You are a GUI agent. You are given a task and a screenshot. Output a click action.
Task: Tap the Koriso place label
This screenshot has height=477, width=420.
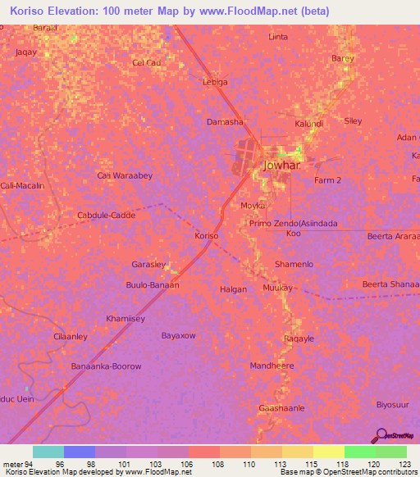coord(206,236)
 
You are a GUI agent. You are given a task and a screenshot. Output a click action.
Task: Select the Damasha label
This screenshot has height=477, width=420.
coord(224,122)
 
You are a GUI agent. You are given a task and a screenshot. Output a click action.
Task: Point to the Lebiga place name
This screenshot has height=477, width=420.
coord(215,82)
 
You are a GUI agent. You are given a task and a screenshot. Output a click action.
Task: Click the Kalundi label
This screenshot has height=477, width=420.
coord(309,124)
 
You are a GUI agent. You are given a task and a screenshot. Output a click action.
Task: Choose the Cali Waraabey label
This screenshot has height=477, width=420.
coord(125,175)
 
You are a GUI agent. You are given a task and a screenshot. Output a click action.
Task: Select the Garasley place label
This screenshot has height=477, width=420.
coord(149,265)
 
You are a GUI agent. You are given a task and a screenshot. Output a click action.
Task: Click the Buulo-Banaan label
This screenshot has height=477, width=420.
coord(153,285)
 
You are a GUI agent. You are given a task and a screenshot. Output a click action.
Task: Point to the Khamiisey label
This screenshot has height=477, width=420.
coord(126,317)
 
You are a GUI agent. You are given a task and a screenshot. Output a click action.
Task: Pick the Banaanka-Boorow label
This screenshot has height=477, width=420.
coord(107,366)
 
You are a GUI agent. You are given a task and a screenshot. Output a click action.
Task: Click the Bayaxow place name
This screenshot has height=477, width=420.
coord(178,336)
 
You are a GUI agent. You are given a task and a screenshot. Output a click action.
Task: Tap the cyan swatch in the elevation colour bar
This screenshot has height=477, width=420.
coord(48,452)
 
